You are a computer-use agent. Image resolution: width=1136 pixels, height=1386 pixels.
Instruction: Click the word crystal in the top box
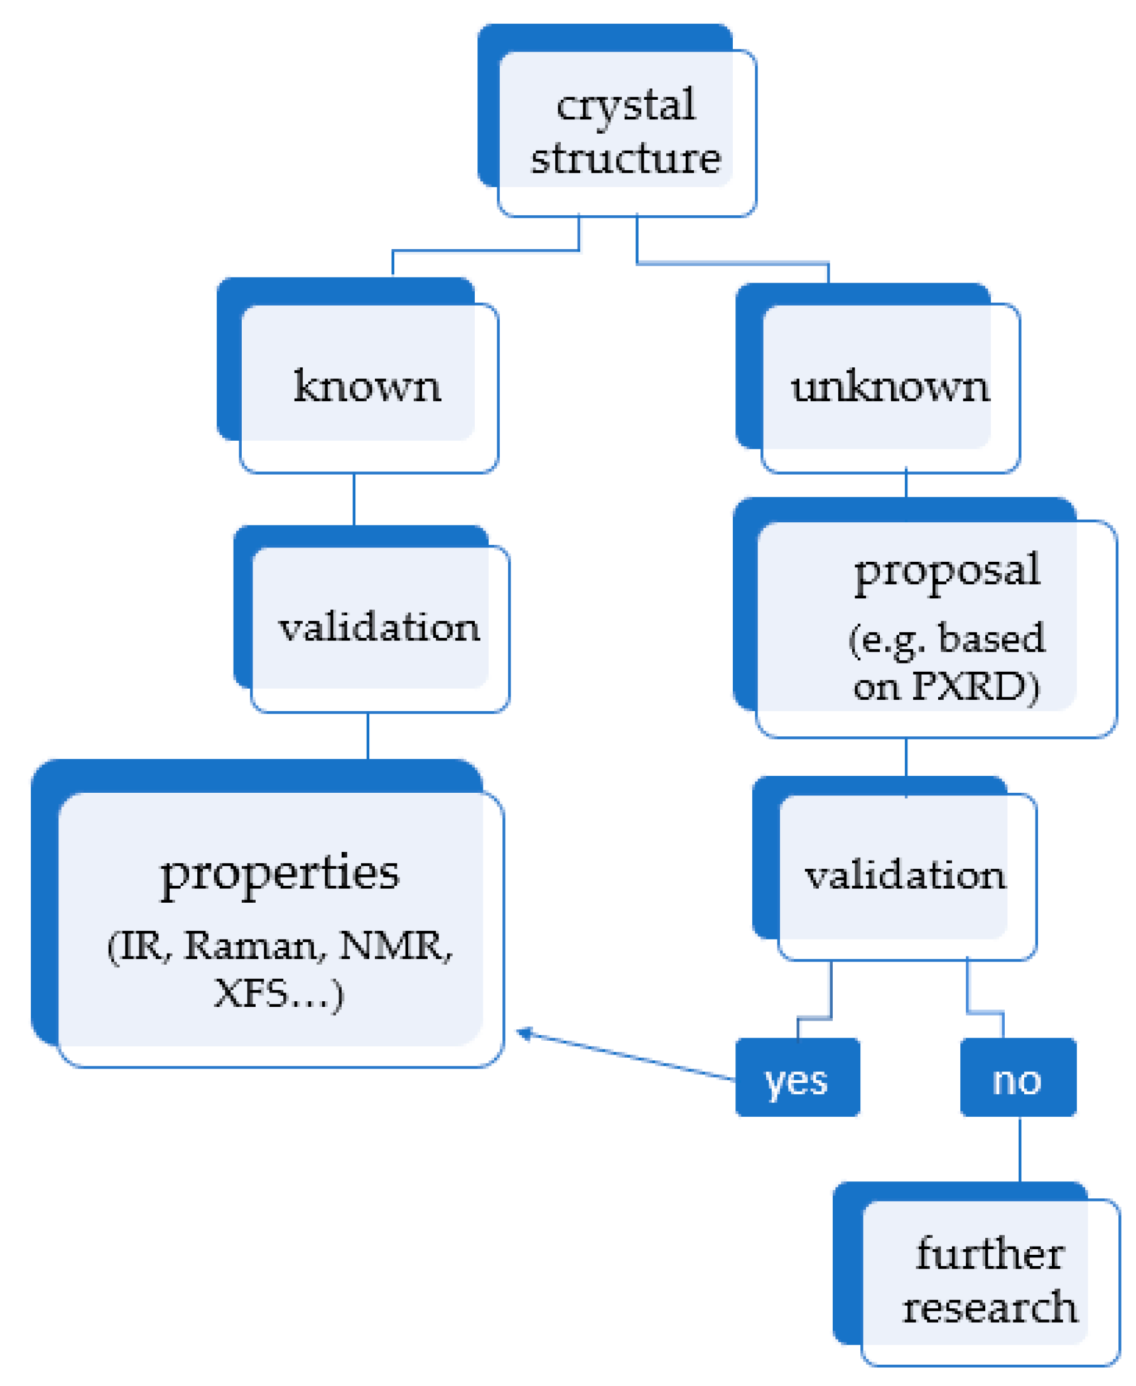pos(625,105)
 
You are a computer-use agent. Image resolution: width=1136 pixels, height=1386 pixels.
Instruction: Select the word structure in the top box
pos(625,158)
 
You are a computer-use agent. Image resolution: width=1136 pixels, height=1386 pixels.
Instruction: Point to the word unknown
pos(890,387)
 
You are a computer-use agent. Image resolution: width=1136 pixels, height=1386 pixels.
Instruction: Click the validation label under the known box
pos(379,627)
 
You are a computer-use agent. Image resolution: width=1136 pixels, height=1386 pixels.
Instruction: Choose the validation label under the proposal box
pos(905,875)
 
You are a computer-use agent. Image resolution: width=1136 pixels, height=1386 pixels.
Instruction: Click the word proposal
pos(947,571)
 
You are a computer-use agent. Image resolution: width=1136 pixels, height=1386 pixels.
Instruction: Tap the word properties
pos(280,873)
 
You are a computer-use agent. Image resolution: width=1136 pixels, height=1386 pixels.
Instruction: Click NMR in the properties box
pos(392,946)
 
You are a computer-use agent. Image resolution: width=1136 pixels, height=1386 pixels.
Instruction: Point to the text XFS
pos(250,994)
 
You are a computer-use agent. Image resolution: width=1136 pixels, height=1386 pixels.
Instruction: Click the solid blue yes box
pos(797,1077)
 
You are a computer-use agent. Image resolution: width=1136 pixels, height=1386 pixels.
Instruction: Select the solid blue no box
pos(1017,1077)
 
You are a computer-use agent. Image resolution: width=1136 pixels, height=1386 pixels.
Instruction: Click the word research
pos(990,1307)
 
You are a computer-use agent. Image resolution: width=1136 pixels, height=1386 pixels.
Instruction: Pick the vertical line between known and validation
pos(354,498)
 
